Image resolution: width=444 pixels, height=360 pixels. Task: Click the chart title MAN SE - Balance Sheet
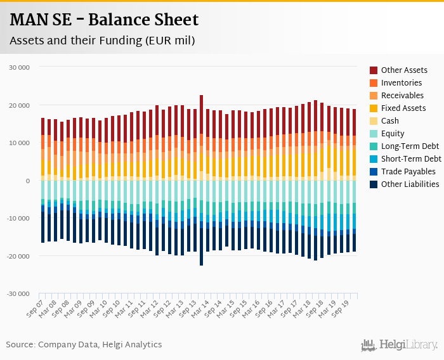point(104,20)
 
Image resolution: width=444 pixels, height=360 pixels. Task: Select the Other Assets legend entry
point(403,70)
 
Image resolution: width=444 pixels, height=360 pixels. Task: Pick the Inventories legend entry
point(401,83)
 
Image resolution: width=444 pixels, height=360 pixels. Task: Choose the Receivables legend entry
point(403,96)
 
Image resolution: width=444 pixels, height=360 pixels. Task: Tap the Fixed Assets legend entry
point(403,108)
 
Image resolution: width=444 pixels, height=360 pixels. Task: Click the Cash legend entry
point(390,121)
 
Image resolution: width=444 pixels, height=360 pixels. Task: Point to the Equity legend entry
point(393,134)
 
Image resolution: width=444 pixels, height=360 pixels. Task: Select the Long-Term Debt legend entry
point(409,146)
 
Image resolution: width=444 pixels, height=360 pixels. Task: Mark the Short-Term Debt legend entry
point(410,159)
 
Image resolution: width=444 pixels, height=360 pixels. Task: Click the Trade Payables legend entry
point(408,172)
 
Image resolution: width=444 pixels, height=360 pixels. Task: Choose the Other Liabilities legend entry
point(410,184)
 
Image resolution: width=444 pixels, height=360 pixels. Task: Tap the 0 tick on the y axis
point(27,181)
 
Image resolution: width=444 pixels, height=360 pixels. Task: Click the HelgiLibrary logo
point(399,345)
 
